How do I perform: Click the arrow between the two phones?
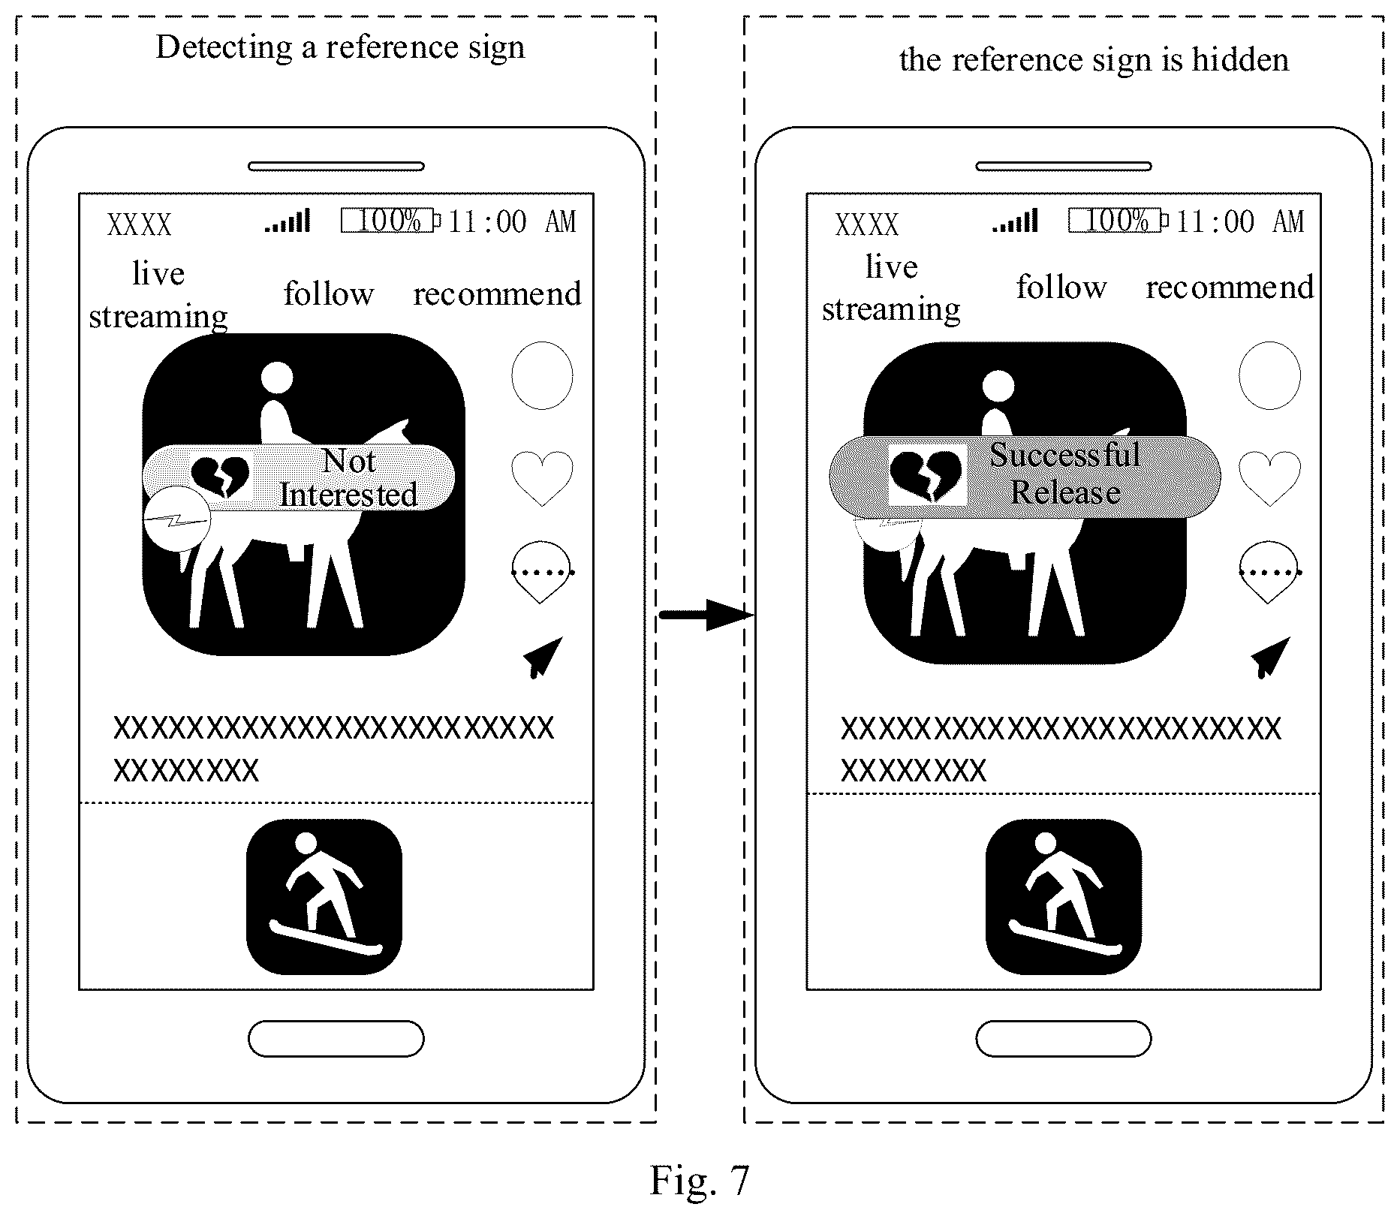tap(706, 616)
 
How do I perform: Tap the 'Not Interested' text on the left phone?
tap(348, 478)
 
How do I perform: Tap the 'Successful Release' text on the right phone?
tap(1065, 474)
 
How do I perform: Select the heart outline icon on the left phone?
tap(542, 478)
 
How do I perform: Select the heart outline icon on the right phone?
tap(1269, 478)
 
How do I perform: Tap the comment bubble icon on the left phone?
tap(542, 573)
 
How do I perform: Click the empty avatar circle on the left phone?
tap(542, 375)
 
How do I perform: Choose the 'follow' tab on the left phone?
tap(329, 293)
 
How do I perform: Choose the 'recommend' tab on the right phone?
tap(1230, 287)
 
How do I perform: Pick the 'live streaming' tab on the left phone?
tap(158, 295)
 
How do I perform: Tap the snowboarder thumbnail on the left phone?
tap(324, 897)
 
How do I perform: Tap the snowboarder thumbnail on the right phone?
tap(1063, 897)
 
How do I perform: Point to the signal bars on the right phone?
tap(1015, 221)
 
